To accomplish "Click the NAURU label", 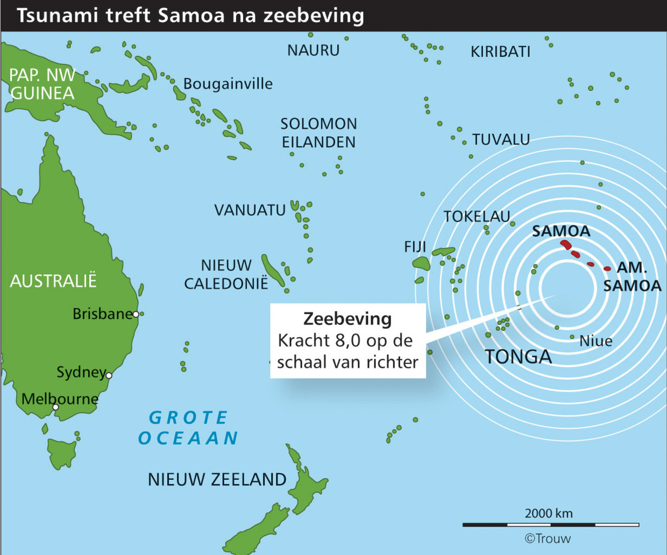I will [313, 51].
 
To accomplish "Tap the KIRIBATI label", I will [500, 52].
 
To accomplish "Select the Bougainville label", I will [228, 84].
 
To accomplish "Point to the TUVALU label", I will [501, 140].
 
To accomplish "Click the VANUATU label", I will [250, 210].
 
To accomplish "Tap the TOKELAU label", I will [477, 217].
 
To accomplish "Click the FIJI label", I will [415, 247].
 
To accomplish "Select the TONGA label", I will [518, 357].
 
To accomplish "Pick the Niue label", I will [595, 341].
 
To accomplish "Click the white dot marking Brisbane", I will [136, 314].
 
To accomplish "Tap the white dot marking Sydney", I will [109, 375].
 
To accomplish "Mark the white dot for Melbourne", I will [55, 407].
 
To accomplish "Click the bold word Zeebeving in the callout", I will [347, 318].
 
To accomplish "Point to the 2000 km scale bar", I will [550, 524].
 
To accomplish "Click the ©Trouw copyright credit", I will [548, 539].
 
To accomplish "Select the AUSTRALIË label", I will [53, 281].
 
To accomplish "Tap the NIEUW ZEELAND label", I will [217, 479].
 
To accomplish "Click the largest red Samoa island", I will [565, 245].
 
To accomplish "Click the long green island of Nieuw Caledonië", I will [273, 271].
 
